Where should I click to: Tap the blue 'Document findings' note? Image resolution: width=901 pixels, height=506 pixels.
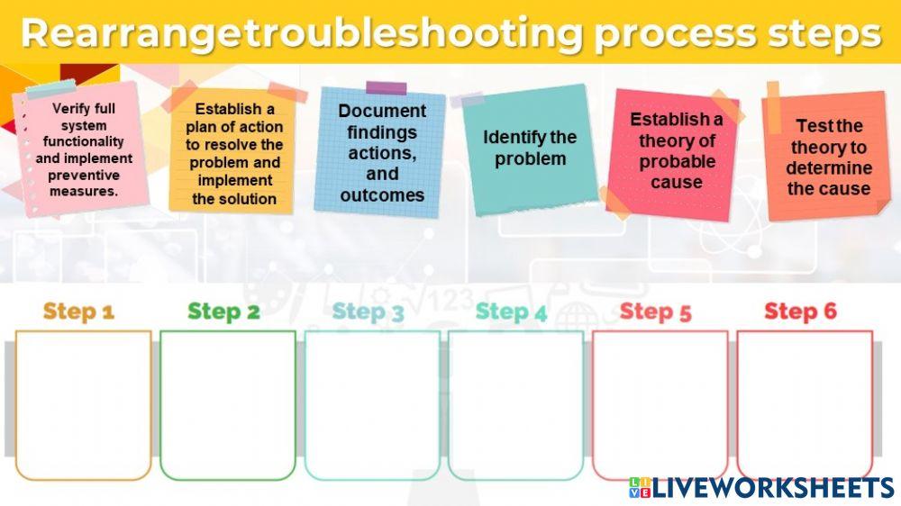pyautogui.click(x=382, y=152)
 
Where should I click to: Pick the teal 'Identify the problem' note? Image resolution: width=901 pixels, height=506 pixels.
pyautogui.click(x=530, y=149)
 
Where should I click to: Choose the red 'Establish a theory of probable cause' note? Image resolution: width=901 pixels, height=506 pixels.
pyautogui.click(x=676, y=150)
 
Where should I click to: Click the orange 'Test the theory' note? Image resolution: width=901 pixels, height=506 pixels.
pyautogui.click(x=828, y=157)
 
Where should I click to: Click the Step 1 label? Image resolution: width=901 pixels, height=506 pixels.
pyautogui.click(x=78, y=312)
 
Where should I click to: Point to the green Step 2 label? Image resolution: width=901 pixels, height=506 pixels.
pyautogui.click(x=223, y=312)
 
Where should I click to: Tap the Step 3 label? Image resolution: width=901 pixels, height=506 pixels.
pyautogui.click(x=368, y=312)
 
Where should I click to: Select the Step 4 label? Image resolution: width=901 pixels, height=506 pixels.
pyautogui.click(x=511, y=312)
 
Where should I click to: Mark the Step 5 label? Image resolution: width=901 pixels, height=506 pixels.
pyautogui.click(x=655, y=312)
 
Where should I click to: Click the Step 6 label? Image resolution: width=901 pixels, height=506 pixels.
pyautogui.click(x=800, y=312)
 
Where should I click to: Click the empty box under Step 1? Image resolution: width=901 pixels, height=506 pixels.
pyautogui.click(x=83, y=405)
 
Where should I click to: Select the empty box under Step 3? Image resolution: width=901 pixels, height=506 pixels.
pyautogui.click(x=372, y=405)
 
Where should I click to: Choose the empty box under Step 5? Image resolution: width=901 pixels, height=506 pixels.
pyautogui.click(x=660, y=405)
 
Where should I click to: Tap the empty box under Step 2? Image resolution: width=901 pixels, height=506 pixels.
pyautogui.click(x=228, y=405)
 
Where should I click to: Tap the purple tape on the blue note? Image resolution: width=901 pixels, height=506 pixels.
pyautogui.click(x=386, y=87)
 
